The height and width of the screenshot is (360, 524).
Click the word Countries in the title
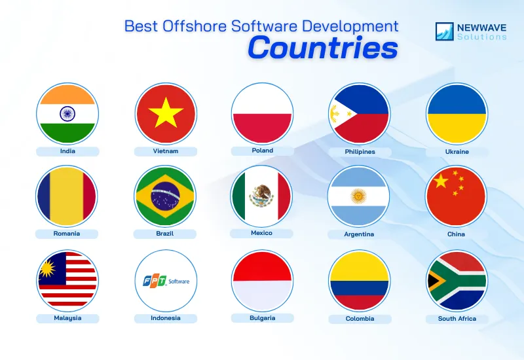[322, 48]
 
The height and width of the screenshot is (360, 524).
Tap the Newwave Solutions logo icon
[445, 31]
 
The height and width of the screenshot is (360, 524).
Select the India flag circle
[67, 114]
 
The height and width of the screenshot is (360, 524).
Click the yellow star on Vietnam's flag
[166, 114]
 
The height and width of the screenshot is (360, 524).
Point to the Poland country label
[263, 151]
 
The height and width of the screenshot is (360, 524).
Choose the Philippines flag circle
[359, 114]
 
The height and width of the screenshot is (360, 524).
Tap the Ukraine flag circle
[457, 114]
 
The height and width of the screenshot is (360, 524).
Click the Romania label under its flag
[67, 233]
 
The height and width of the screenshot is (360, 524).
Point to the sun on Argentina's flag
[358, 196]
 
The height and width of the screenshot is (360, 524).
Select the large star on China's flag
[441, 180]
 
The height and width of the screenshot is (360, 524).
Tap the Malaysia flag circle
[67, 281]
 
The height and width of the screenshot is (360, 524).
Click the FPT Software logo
[166, 281]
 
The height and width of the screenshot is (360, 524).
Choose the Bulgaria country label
[262, 318]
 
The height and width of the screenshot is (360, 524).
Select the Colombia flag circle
[359, 281]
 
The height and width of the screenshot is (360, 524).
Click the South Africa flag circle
[457, 281]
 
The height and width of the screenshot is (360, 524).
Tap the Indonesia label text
[165, 318]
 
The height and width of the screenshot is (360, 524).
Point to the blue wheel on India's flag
[67, 114]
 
